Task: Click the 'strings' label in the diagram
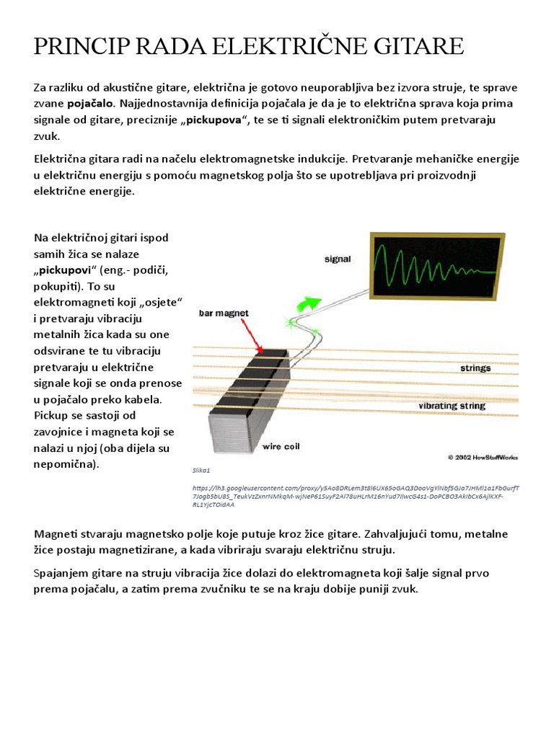click(x=475, y=368)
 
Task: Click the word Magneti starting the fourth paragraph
click(x=56, y=534)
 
